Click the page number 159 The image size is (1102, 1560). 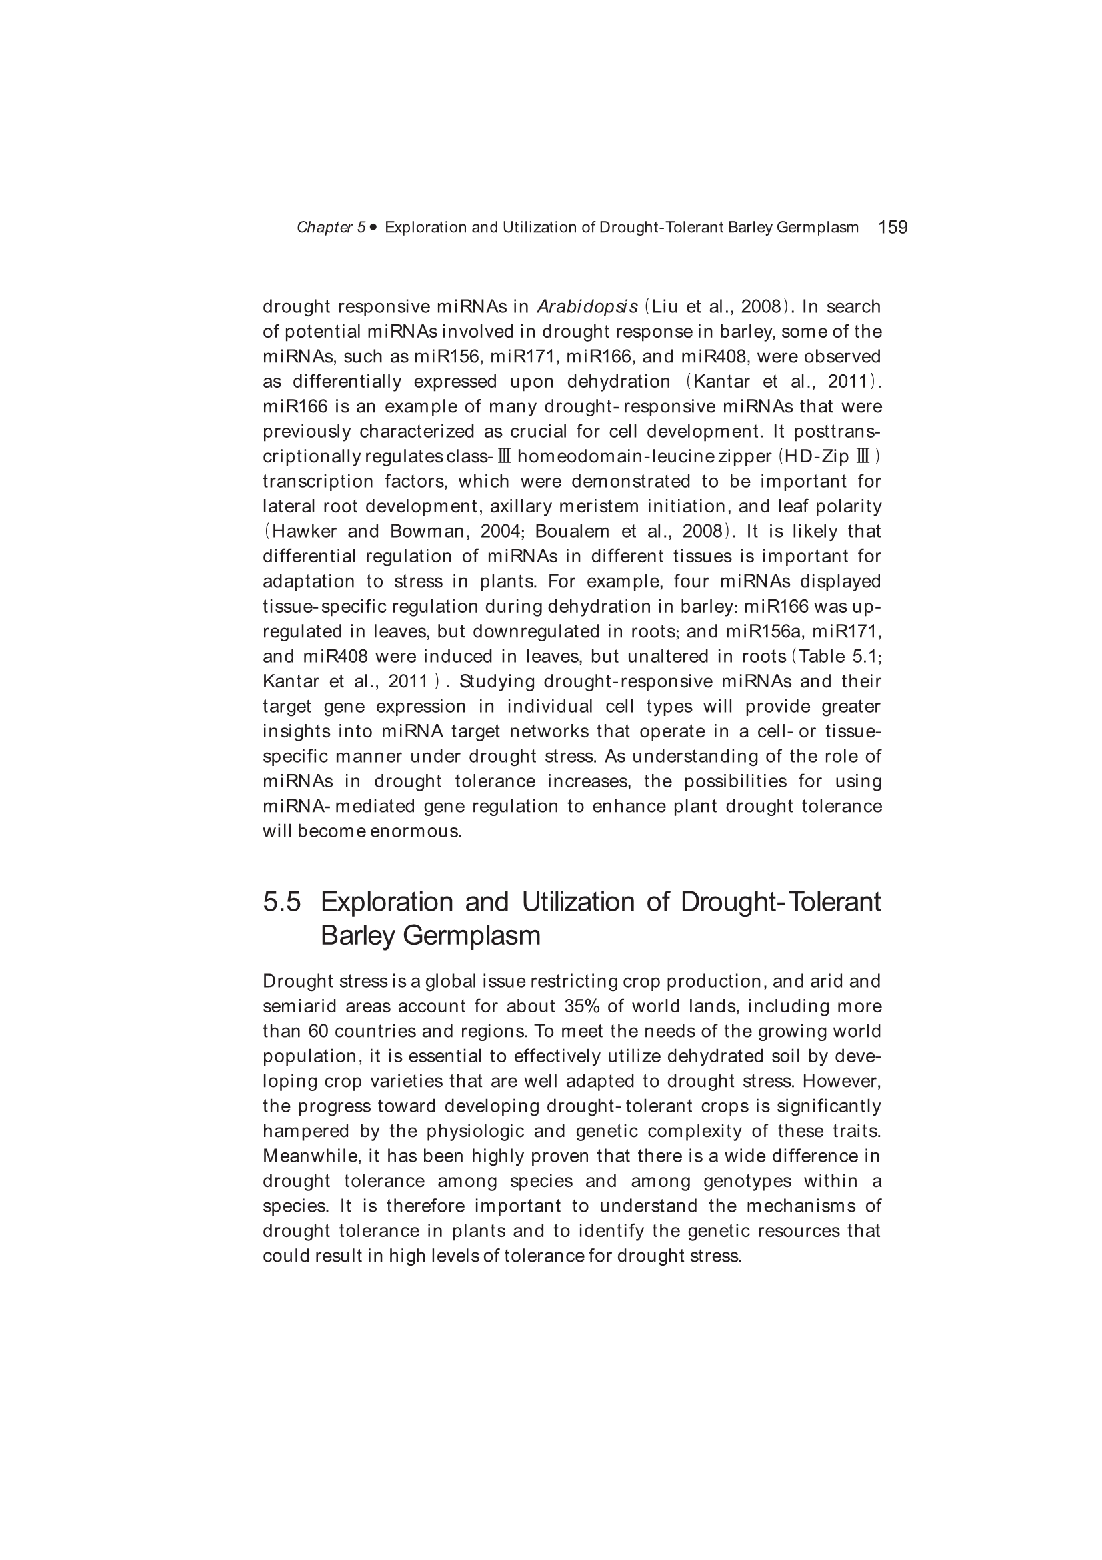(892, 227)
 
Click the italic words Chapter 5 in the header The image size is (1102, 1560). (331, 228)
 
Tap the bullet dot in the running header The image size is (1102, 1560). (373, 227)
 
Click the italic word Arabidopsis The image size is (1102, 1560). (587, 306)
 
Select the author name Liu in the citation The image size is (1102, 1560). (666, 306)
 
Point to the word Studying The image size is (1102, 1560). (497, 681)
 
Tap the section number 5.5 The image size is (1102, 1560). (282, 902)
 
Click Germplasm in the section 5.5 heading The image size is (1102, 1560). (471, 935)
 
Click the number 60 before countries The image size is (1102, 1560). (319, 1032)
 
